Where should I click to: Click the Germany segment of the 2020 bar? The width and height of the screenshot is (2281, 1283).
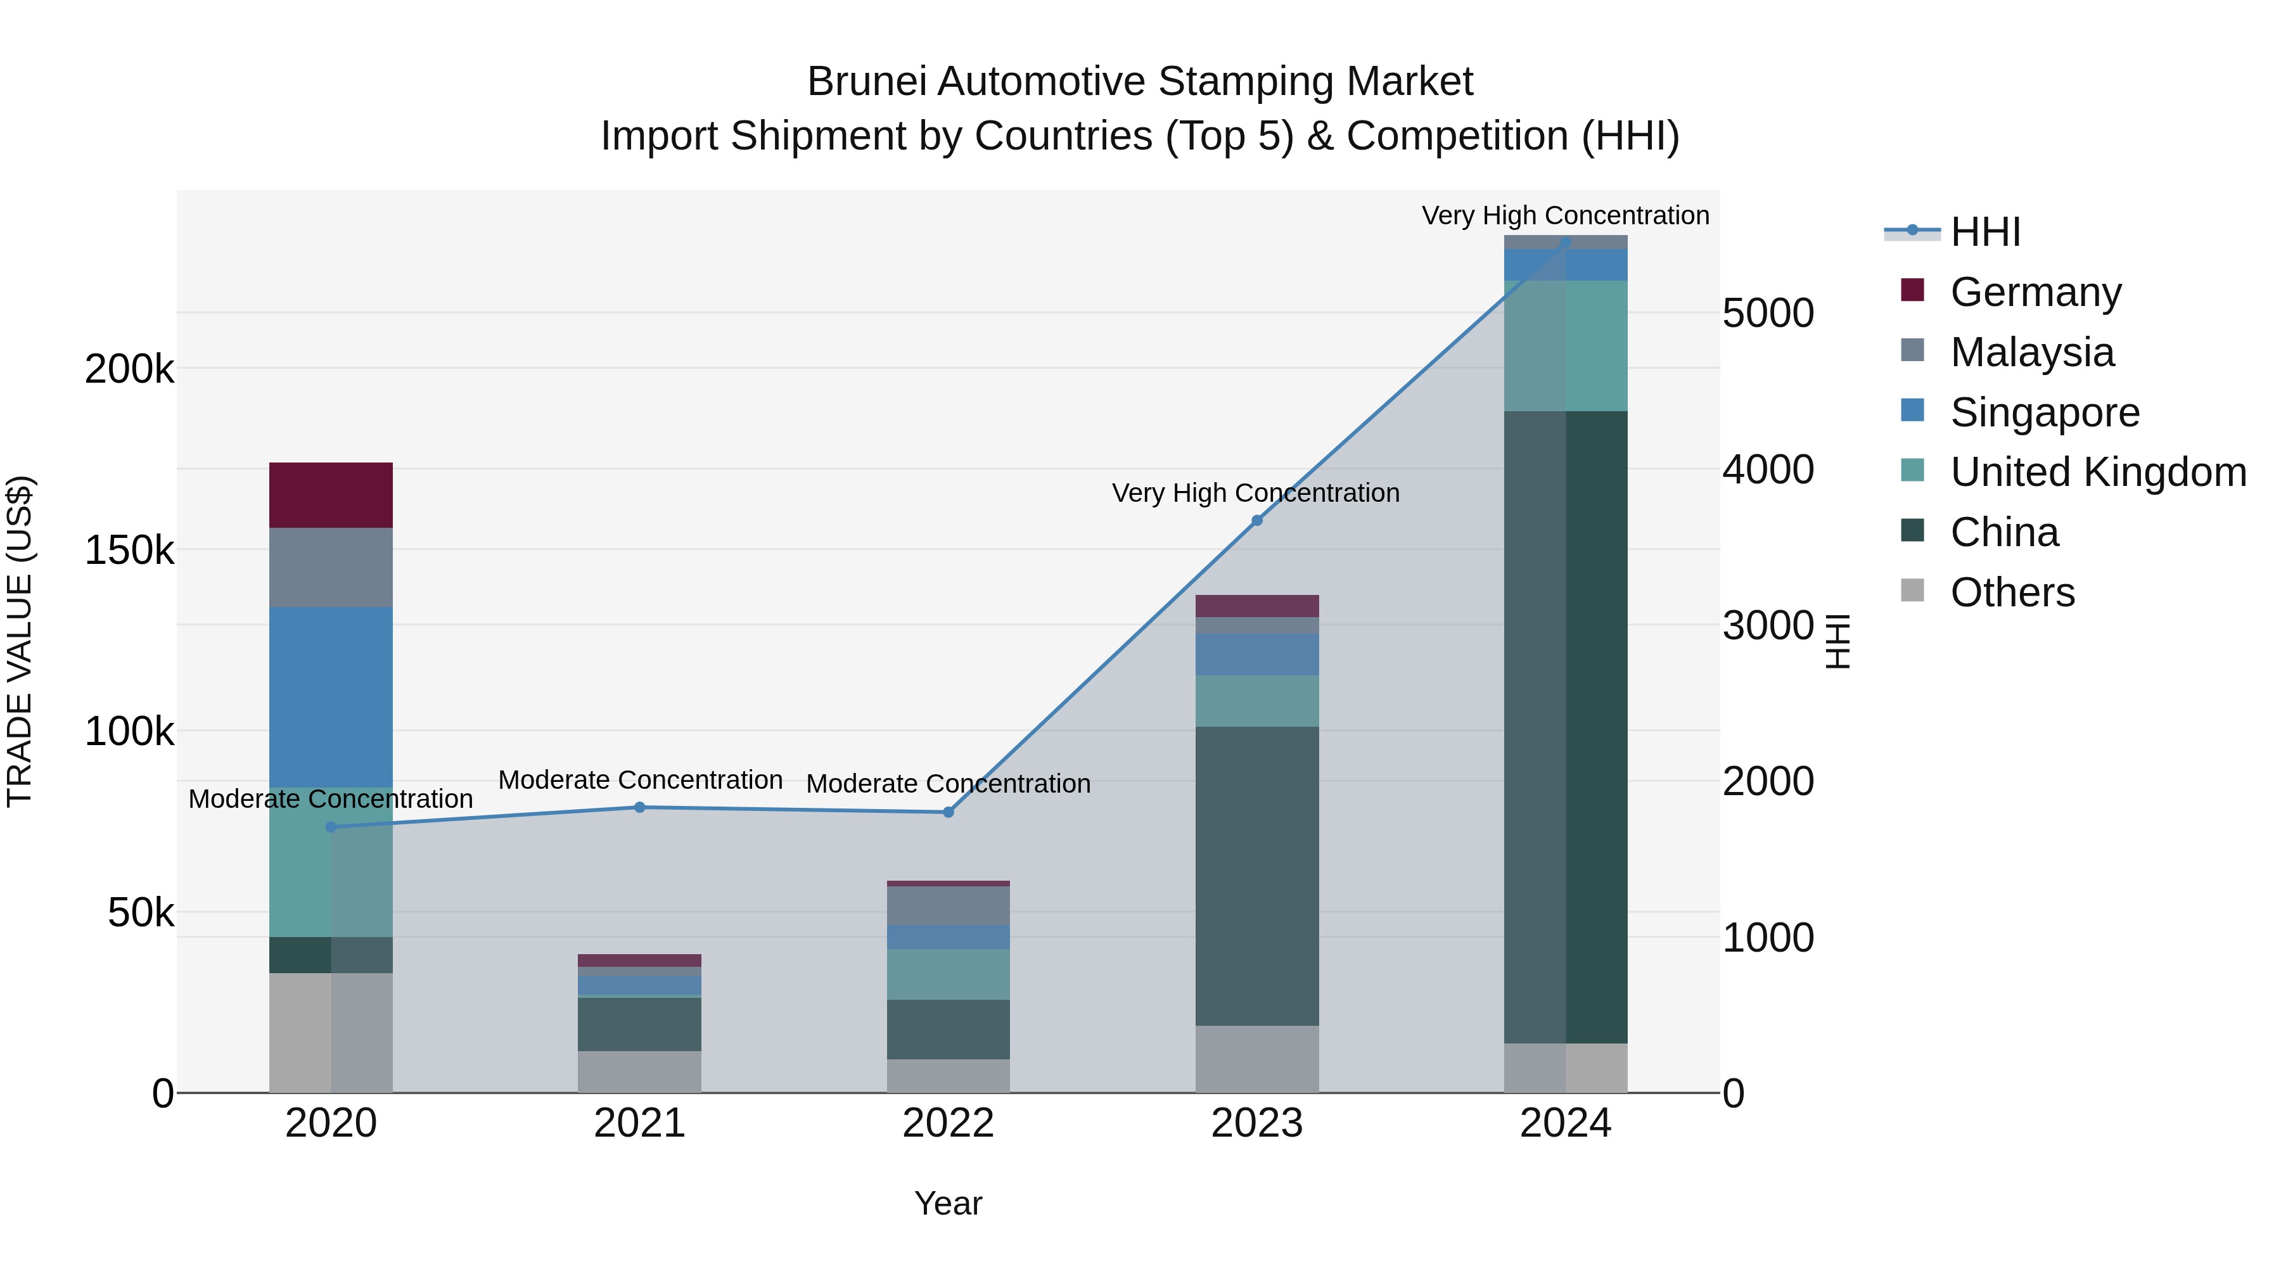point(330,495)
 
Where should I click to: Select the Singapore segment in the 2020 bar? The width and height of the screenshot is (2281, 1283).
point(330,697)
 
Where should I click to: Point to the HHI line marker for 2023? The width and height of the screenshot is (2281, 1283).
point(1256,521)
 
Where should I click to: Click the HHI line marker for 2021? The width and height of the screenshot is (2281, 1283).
point(639,807)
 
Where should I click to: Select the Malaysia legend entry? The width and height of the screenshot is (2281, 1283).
point(2031,352)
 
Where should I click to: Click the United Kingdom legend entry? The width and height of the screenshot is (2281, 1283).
point(2097,472)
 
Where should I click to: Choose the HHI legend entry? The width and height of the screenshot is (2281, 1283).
point(1984,232)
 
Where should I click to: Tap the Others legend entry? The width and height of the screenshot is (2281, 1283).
point(2011,592)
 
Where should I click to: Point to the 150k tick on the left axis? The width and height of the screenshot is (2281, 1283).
point(129,551)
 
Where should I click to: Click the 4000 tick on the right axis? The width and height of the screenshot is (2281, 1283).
point(1767,469)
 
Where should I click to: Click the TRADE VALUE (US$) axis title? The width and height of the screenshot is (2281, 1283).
point(20,641)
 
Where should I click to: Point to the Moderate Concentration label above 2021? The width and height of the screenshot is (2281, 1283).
point(639,780)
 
